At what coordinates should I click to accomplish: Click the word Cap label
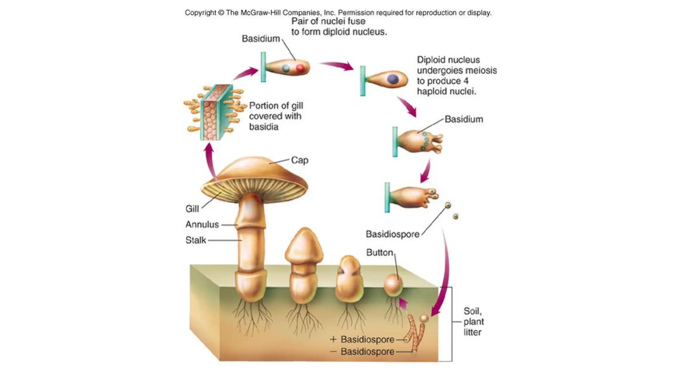pyautogui.click(x=300, y=160)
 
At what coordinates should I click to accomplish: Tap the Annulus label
pyautogui.click(x=202, y=225)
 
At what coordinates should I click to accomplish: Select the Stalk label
pyautogui.click(x=196, y=240)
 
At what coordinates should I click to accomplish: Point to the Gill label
pyautogui.click(x=192, y=209)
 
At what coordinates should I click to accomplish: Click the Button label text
pyautogui.click(x=380, y=253)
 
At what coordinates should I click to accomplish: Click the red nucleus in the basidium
pyautogui.click(x=300, y=68)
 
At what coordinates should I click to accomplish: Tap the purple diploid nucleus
pyautogui.click(x=392, y=79)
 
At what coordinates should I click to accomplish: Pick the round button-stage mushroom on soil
pyautogui.click(x=393, y=285)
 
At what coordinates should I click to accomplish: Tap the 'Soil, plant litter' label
pyautogui.click(x=473, y=321)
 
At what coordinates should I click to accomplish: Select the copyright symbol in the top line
pyautogui.click(x=221, y=13)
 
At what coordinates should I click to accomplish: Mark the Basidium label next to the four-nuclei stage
pyautogui.click(x=464, y=119)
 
